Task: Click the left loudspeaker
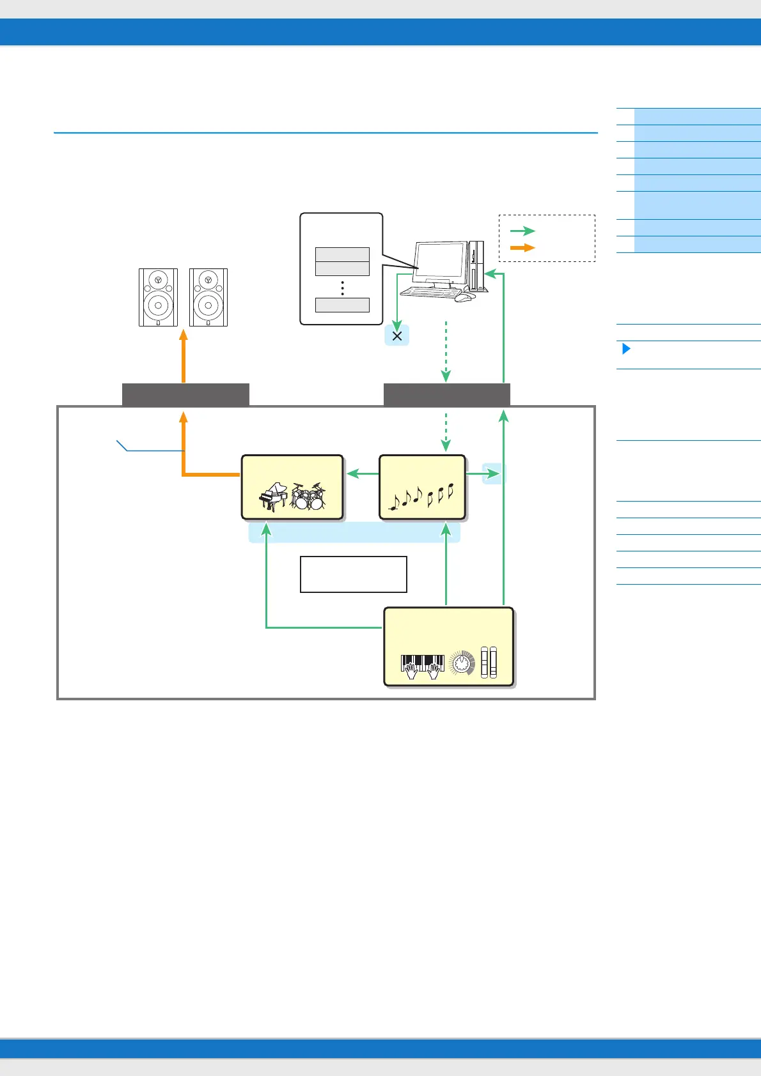158,298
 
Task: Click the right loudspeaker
208,298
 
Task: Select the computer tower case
477,266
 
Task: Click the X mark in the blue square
396,335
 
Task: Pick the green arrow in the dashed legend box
522,231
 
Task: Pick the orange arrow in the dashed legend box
522,248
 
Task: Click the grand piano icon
273,497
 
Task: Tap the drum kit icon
308,496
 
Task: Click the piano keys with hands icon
422,666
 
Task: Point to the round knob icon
462,664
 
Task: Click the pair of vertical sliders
489,663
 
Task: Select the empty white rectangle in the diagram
353,574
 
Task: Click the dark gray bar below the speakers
185,395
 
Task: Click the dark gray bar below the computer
446,395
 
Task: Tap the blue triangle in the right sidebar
626,349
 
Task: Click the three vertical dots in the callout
343,288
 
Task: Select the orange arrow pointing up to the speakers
184,355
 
